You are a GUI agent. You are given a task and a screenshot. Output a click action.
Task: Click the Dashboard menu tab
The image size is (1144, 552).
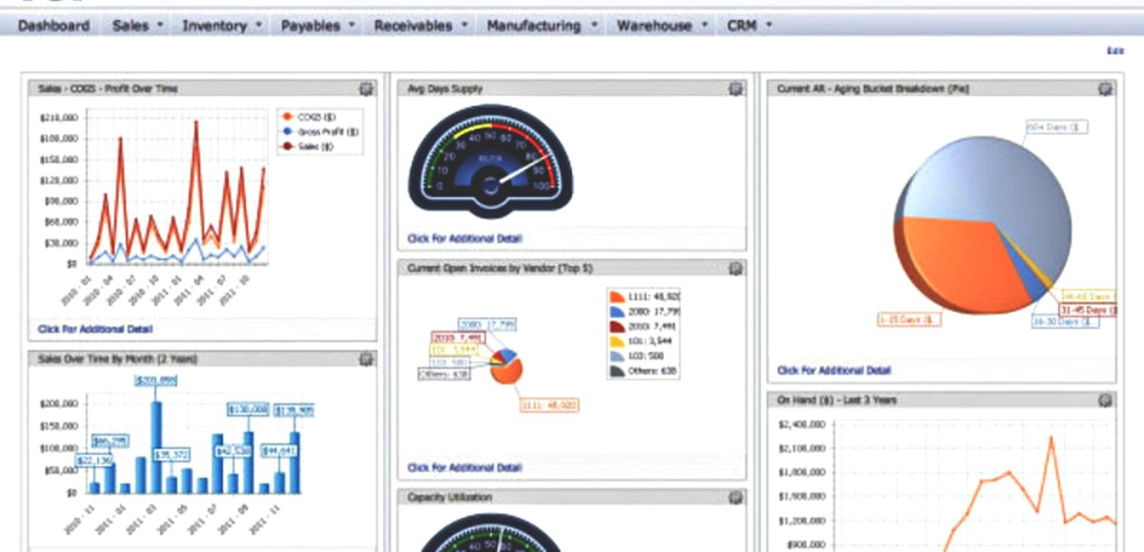pos(53,26)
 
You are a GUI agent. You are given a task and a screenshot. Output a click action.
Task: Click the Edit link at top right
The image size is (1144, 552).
pos(1114,50)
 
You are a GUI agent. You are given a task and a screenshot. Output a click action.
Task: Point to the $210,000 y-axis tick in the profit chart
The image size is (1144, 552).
pos(59,117)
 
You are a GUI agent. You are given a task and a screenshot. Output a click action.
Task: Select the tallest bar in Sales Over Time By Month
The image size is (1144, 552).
pos(155,446)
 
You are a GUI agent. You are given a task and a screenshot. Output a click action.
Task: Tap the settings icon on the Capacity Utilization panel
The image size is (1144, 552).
pos(735,498)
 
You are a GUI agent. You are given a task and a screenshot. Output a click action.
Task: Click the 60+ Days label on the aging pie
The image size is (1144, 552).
pos(1056,126)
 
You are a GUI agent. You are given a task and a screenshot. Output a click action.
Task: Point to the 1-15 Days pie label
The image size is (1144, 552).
pos(909,319)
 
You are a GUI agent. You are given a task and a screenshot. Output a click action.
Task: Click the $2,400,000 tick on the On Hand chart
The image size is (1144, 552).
pos(802,424)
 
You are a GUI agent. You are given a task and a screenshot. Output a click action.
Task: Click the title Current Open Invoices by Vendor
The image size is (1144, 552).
pos(500,269)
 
